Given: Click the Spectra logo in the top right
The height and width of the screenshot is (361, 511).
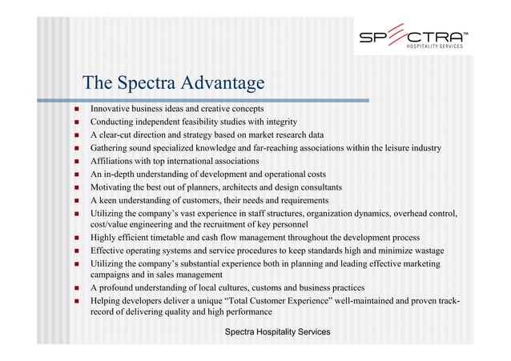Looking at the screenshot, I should pos(411,39).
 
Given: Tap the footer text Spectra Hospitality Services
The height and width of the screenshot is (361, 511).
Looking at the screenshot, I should pos(277,331).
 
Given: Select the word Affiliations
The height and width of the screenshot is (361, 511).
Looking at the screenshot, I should pos(114,161).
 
